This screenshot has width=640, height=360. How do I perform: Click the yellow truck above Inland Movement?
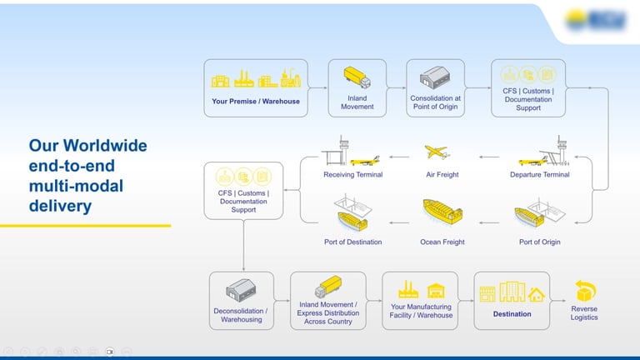click(357, 78)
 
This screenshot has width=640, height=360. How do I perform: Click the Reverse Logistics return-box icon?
click(584, 292)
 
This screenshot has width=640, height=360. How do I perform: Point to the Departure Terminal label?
click(539, 175)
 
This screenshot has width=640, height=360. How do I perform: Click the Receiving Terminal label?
click(352, 175)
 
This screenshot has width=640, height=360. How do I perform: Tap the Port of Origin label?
click(539, 242)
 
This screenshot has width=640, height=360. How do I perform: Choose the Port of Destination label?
click(352, 242)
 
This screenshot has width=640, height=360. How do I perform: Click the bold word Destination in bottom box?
click(512, 314)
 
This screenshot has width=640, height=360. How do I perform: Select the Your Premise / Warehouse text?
click(256, 102)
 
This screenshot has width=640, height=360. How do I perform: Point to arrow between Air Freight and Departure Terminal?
click(491, 156)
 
